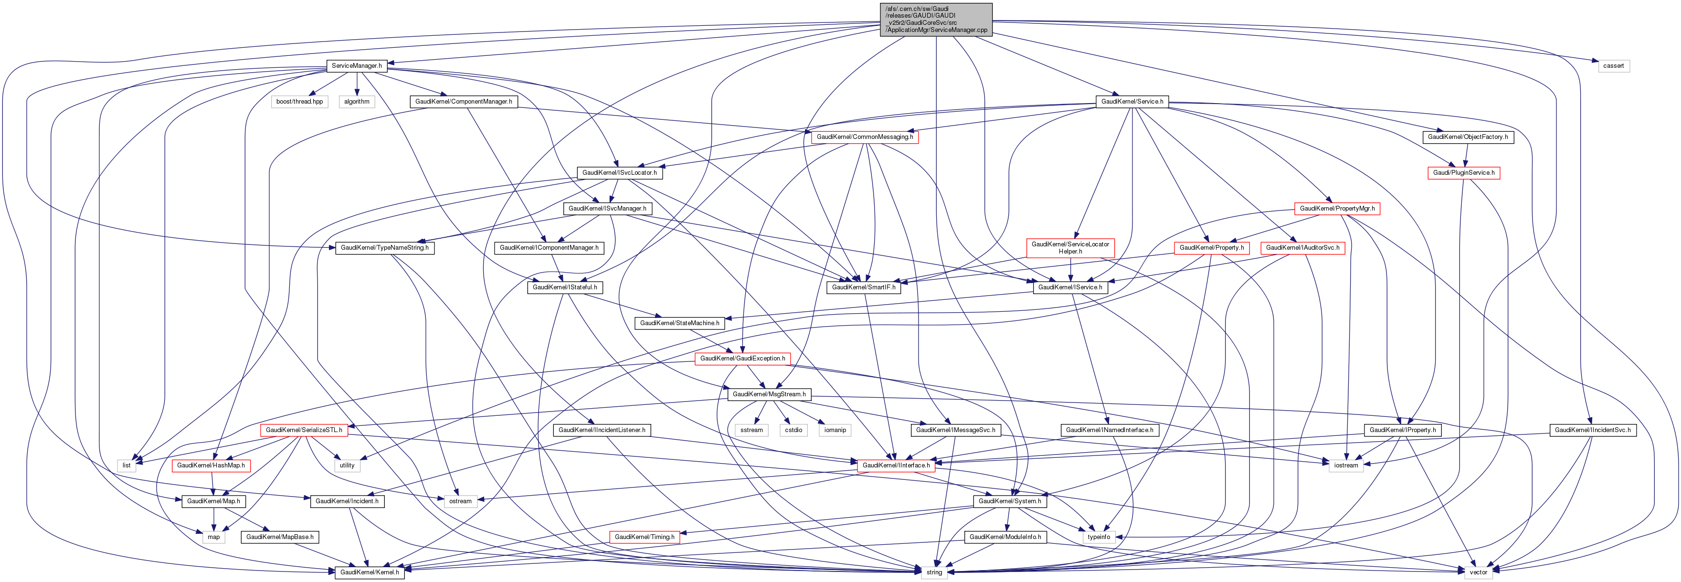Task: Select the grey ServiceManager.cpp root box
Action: (x=936, y=20)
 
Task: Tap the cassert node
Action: (x=1613, y=66)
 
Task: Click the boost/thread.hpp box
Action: (x=299, y=102)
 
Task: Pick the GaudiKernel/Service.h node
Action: (x=1132, y=102)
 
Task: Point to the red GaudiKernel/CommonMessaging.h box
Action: (x=865, y=137)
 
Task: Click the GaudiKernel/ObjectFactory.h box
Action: (x=1468, y=137)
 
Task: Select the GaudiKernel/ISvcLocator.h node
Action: (x=619, y=173)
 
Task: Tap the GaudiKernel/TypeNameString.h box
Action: (x=384, y=248)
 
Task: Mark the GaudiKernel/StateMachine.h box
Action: (x=679, y=323)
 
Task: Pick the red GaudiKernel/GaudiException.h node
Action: (x=742, y=359)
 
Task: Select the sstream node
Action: (x=751, y=430)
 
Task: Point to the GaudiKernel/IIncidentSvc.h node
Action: (x=1592, y=430)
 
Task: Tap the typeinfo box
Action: (x=1098, y=537)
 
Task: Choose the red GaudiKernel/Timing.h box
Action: (x=645, y=537)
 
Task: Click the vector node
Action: (x=1478, y=572)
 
